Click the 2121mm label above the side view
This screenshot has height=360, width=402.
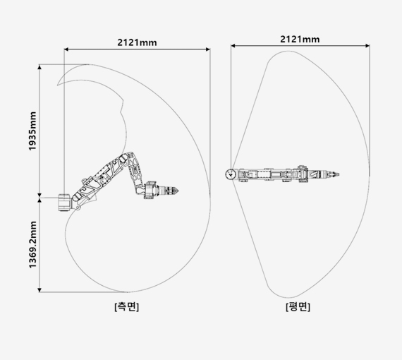(137, 42)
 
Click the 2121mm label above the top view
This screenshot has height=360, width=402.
(300, 40)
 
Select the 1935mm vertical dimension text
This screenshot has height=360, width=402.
(32, 131)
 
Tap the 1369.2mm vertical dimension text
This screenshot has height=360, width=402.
(32, 244)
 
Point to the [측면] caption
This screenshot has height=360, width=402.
(127, 306)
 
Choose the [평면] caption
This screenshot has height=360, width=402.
(298, 306)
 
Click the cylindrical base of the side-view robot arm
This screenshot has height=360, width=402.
(64, 203)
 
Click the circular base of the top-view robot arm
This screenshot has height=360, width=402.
(231, 174)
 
